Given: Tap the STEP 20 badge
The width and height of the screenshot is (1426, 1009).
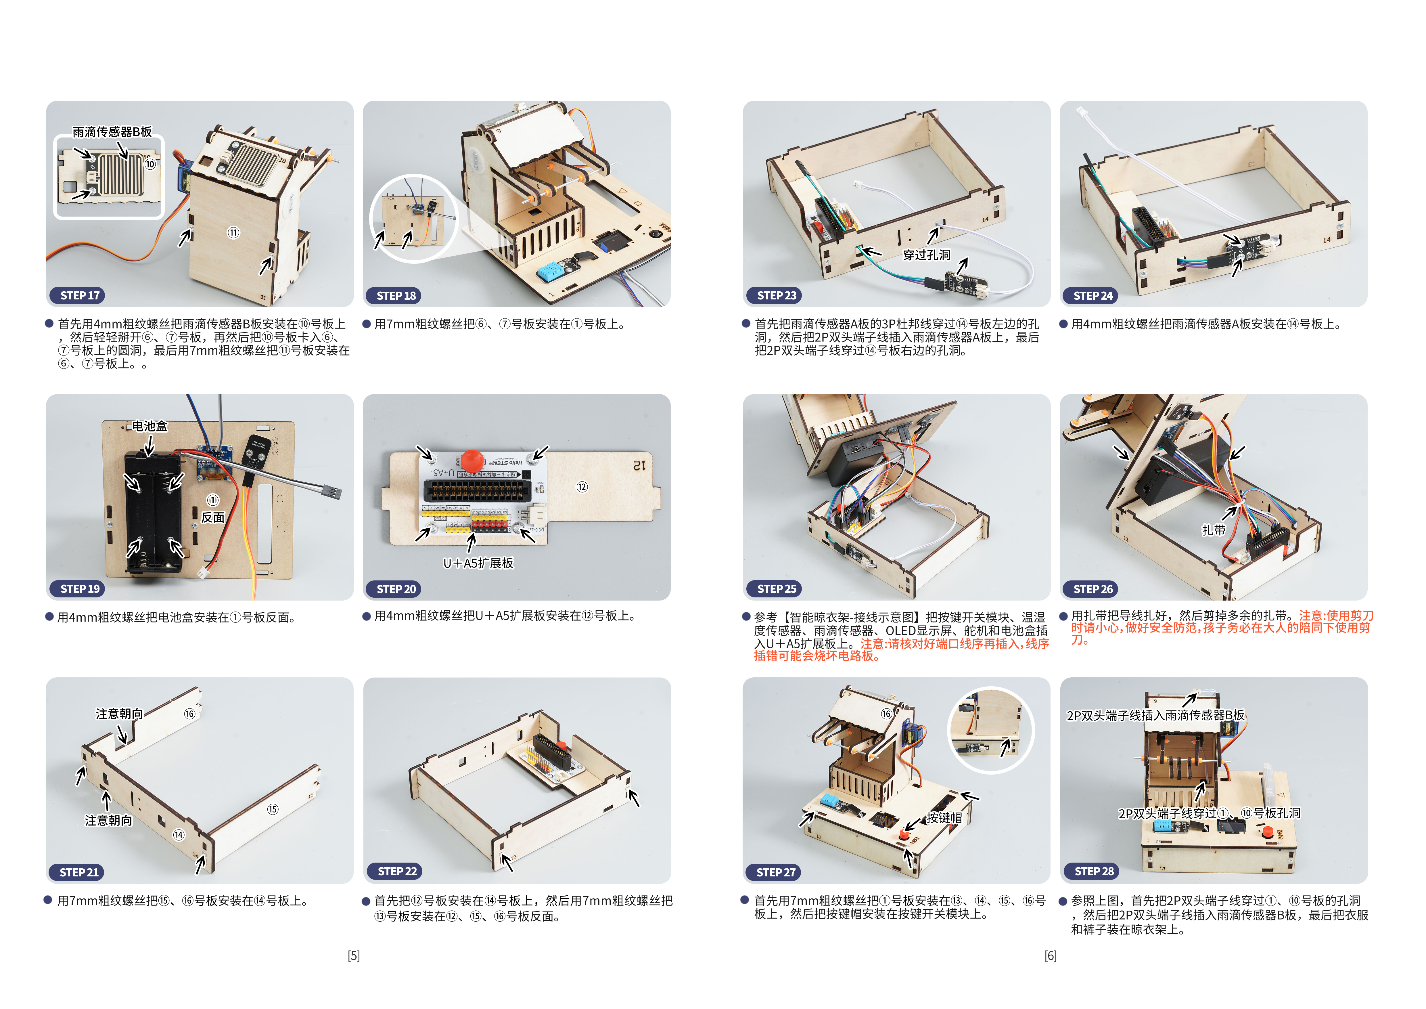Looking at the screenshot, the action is coord(396,589).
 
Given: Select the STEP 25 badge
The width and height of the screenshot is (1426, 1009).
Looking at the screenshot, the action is coord(776,589).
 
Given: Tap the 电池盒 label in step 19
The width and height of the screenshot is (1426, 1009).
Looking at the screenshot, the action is coord(150,426).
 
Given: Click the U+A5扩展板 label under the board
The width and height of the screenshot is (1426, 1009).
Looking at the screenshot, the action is coord(478,563).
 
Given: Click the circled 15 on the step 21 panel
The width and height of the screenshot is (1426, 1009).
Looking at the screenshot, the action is coord(273,809).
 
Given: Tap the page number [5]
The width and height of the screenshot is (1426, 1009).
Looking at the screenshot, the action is coord(353,956).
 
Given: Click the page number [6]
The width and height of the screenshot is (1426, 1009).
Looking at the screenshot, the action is coord(1050,956).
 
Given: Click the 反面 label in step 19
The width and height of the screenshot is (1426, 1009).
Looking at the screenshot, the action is coord(212,517).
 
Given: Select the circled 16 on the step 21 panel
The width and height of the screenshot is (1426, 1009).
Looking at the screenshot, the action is coord(189,714).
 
